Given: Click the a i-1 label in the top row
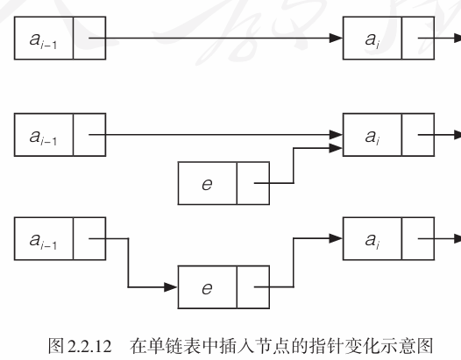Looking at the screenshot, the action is [43, 40].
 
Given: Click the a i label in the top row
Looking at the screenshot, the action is [372, 40].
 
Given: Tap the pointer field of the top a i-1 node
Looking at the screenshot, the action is [89, 39].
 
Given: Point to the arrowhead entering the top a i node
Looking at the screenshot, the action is [336, 38].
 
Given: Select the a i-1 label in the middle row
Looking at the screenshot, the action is [43, 137].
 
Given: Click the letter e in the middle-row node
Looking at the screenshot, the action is [207, 184].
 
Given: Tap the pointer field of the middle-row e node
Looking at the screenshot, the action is [253, 183].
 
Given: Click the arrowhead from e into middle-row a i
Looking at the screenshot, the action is [336, 148].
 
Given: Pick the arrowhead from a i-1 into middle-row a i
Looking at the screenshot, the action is [336, 135].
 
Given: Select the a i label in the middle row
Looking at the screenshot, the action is [372, 137].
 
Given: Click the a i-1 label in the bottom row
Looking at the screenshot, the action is [43, 241].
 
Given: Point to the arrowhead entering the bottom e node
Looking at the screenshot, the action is [171, 287].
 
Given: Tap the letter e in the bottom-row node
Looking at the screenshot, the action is [207, 288].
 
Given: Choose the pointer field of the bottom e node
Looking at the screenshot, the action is [253, 287].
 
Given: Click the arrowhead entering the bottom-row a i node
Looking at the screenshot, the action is [336, 238].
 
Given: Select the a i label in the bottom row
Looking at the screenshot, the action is [372, 241].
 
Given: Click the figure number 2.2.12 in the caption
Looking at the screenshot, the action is [89, 346].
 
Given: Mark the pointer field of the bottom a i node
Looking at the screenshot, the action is [418, 238].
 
